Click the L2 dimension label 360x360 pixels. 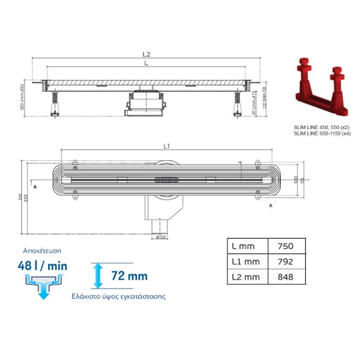coord(147,55)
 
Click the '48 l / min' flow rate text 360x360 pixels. coord(41,265)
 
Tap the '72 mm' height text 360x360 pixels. coord(128,277)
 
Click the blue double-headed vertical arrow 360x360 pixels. coord(96,276)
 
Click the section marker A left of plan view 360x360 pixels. coord(35,187)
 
